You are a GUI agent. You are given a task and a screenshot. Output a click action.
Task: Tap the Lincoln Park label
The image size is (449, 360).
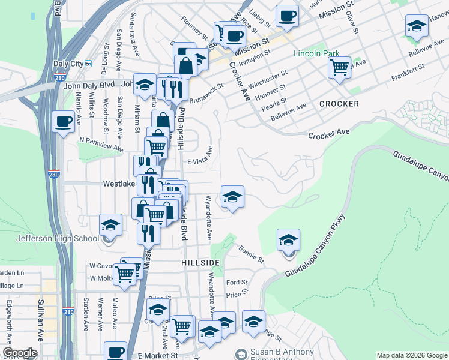tap(316, 53)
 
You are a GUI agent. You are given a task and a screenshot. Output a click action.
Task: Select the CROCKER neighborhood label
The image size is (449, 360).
tap(339, 104)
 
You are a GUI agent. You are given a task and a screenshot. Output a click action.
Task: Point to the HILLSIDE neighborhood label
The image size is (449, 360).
tap(200, 263)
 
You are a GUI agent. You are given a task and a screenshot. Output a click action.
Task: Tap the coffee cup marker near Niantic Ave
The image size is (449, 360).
tap(63, 122)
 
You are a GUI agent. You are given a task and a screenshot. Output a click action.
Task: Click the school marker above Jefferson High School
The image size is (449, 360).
tap(110, 226)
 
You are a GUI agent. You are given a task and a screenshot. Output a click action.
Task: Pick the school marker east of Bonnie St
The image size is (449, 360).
tap(288, 241)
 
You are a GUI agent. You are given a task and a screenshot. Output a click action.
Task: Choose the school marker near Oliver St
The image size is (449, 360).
tap(417, 26)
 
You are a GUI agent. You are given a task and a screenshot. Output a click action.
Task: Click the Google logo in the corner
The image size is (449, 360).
tap(20, 353)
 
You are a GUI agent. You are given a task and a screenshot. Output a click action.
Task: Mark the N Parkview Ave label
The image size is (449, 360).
tap(101, 144)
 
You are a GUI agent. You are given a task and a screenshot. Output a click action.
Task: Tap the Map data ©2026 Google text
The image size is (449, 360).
tap(411, 355)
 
